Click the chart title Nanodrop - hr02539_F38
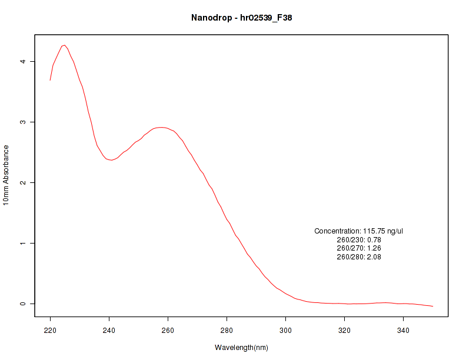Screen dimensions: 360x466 (x=241, y=18)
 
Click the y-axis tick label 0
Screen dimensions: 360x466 (x=22, y=304)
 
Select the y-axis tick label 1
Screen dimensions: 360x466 (x=22, y=243)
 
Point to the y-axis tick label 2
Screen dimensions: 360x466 (x=22, y=182)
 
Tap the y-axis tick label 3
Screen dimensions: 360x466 (x=22, y=122)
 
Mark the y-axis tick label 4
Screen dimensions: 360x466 (x=22, y=61)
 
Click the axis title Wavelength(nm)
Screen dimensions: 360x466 (x=241, y=348)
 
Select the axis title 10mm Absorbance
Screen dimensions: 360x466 (x=6, y=175)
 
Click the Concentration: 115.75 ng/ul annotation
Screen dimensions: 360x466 (x=358, y=231)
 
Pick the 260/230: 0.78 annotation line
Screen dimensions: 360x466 (x=358, y=240)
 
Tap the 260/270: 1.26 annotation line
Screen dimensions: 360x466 (x=358, y=248)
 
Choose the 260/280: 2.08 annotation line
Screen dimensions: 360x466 (x=358, y=257)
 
